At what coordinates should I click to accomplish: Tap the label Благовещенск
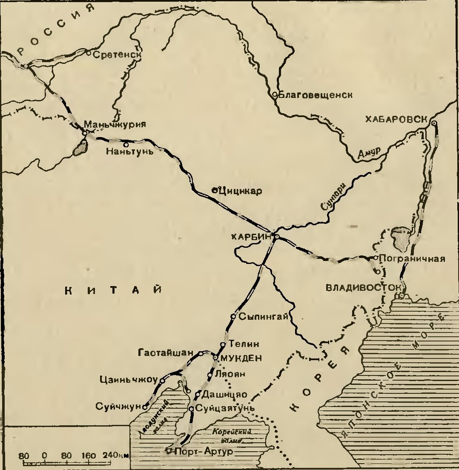pos(316,95)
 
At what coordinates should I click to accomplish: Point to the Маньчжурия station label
pos(115,125)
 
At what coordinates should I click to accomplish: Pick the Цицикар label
pos(240,191)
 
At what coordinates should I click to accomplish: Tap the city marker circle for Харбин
pos(276,237)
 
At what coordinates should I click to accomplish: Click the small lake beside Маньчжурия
pos(80,148)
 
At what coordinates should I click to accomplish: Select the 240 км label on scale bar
pos(115,455)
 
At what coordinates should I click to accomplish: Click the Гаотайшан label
pos(168,353)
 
